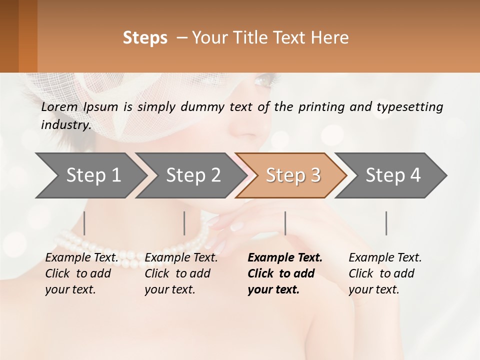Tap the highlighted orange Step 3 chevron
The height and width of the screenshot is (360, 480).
[293, 175]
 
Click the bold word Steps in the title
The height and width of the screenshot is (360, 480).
[145, 38]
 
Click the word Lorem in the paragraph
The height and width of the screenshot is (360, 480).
[59, 106]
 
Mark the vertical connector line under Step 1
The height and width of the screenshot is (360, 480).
[84, 223]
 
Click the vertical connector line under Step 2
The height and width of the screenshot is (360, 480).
[184, 223]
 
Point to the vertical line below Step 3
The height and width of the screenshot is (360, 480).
[285, 223]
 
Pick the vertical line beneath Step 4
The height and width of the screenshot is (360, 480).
[386, 223]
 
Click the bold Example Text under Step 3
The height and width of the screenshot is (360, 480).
[285, 258]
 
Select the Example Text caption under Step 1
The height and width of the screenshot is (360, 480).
[82, 258]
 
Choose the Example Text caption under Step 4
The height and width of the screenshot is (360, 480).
[385, 258]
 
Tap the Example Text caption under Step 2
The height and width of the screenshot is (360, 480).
[181, 258]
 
